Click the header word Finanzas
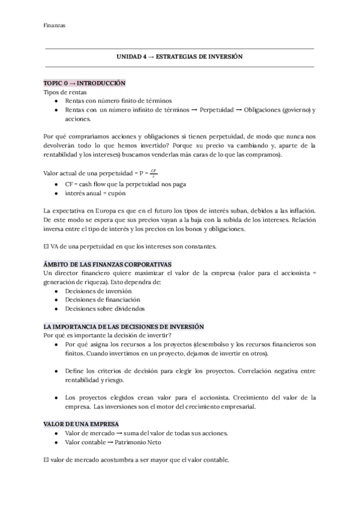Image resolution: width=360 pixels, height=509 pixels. (55, 25)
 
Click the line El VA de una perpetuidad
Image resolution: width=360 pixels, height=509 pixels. (130, 247)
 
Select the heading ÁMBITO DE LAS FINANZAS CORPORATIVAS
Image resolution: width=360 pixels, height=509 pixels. (107, 264)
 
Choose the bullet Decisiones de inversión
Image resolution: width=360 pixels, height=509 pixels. (98, 291)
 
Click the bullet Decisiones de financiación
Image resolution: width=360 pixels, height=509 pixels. (102, 300)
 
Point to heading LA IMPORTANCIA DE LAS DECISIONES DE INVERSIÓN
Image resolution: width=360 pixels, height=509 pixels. (124, 326)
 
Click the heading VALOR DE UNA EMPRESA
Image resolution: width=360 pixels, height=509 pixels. (81, 424)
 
